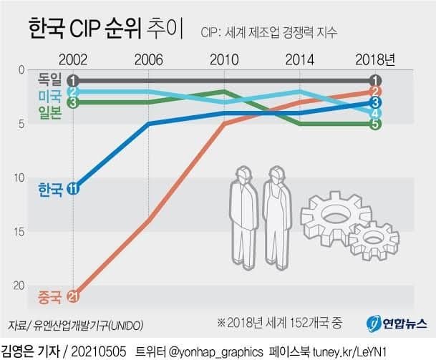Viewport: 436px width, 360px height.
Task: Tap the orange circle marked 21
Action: coord(72,296)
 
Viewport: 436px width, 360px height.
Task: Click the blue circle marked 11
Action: coord(72,189)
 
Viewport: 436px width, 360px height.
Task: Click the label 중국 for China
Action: coord(49,296)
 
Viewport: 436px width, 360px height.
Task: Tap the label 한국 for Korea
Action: coord(49,189)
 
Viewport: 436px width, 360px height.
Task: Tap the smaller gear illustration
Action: coord(374,240)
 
